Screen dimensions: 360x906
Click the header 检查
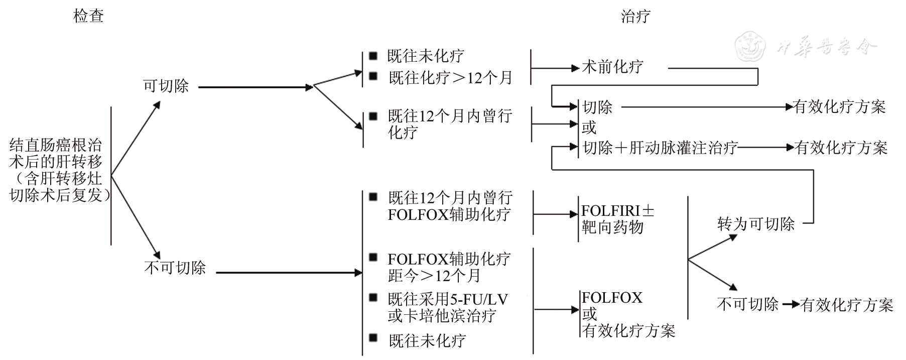coord(88,16)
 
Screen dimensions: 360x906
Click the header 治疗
coord(635,16)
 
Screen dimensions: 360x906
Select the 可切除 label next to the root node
coord(166,86)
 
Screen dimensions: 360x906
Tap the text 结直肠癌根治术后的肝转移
coord(56,154)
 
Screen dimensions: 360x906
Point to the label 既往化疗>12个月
coord(450,78)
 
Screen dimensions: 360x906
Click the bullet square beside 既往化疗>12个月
coord(373,76)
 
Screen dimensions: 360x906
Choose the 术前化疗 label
coord(612,67)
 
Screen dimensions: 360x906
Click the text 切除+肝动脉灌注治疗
coord(660,148)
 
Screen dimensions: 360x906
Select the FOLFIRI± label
coord(617,210)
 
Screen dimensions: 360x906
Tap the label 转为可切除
coord(756,224)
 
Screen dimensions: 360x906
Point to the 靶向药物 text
coord(612,227)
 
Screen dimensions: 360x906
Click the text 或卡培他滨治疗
coord(442,316)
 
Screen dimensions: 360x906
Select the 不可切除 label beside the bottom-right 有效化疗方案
coord(747,304)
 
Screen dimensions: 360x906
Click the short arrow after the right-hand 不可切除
coord(791,304)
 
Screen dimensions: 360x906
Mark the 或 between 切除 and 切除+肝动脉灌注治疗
coord(589,128)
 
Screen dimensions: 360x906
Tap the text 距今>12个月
coord(434,276)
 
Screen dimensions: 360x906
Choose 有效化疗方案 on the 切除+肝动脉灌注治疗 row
coord(841,148)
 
